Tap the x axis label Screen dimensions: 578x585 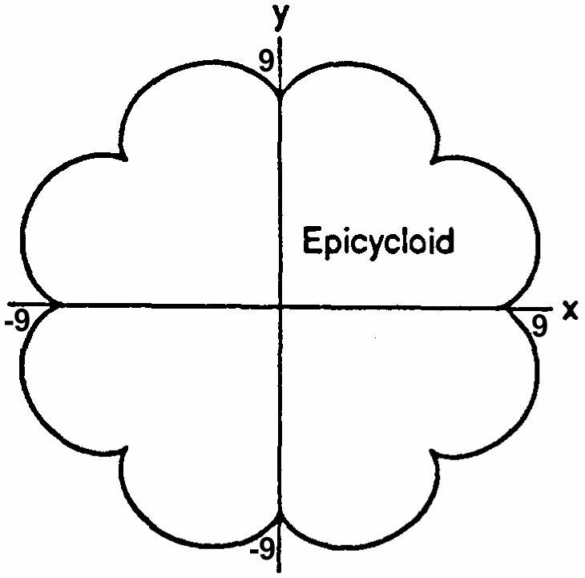tap(570, 309)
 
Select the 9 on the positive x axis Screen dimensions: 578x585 tap(541, 326)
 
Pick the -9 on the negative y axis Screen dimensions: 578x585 tap(260, 550)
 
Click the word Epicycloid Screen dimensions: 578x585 tap(377, 240)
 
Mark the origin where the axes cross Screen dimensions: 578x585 tap(279, 305)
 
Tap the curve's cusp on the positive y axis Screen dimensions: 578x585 tap(279, 94)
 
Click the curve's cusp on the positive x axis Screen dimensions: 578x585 tap(501, 306)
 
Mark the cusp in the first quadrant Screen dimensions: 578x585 tap(432, 161)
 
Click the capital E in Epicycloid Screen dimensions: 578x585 tap(311, 240)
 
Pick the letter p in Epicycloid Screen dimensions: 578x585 tap(329, 244)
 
